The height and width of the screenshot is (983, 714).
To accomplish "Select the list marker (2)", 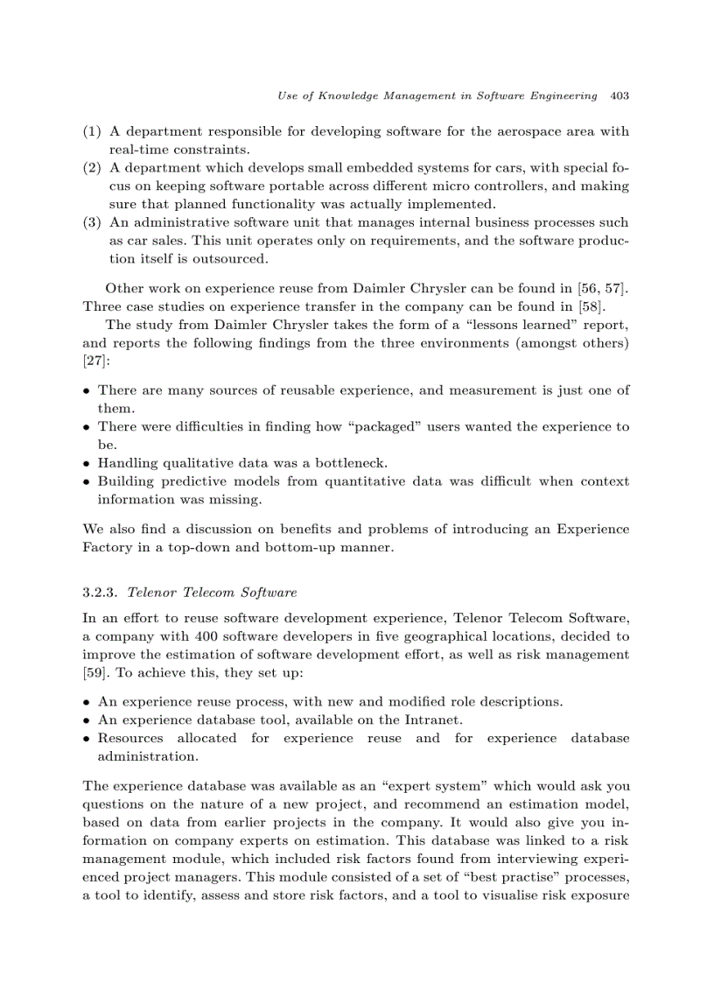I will [92, 168].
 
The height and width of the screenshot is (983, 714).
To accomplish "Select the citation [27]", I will [94, 361].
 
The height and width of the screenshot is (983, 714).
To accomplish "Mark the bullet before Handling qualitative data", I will [87, 463].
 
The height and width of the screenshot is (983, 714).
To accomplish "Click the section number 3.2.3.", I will [99, 593].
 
